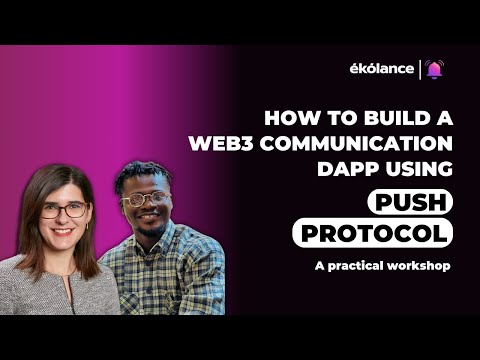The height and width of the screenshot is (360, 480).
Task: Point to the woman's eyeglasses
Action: coord(65,210)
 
